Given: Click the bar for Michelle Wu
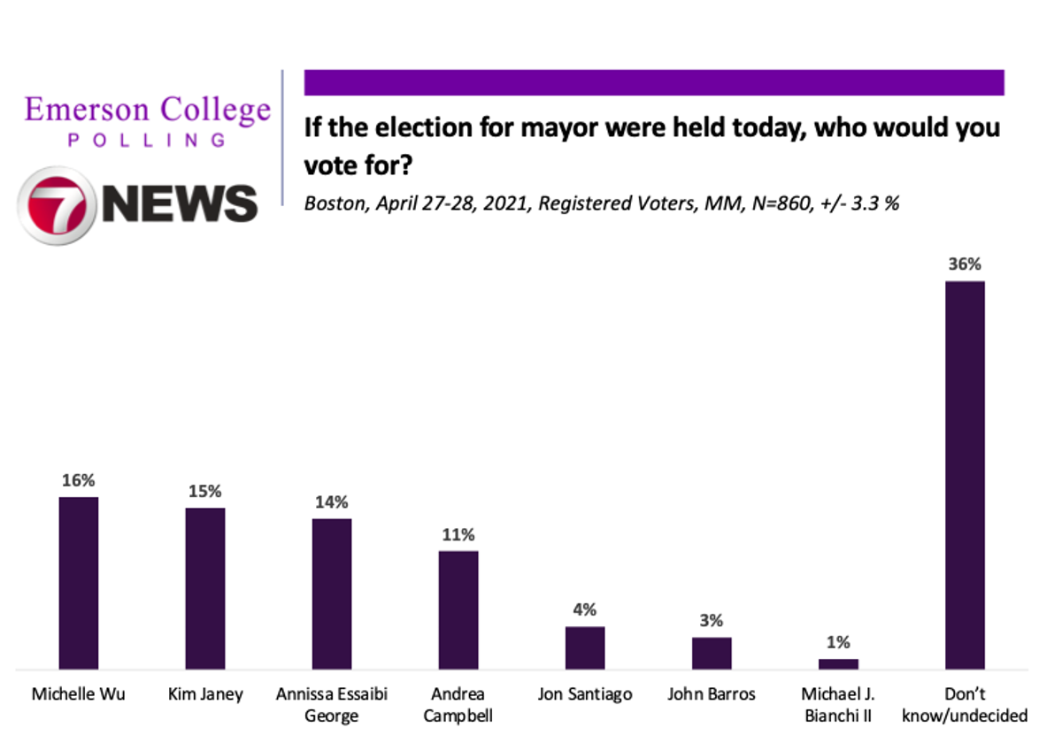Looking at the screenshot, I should pyautogui.click(x=78, y=583).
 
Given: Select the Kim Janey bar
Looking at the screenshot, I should pyautogui.click(x=204, y=588).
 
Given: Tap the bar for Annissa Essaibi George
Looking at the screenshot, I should pyautogui.click(x=332, y=593).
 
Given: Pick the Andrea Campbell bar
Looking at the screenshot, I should pyautogui.click(x=458, y=610).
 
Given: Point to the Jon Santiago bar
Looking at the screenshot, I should pyautogui.click(x=585, y=647).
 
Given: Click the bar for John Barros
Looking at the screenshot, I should pyautogui.click(x=712, y=653).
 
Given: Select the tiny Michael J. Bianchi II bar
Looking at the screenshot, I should pyautogui.click(x=838, y=663).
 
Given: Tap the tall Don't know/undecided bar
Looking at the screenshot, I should pyautogui.click(x=965, y=475).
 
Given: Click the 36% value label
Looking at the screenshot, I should pyautogui.click(x=965, y=264).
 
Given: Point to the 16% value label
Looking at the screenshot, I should pyautogui.click(x=78, y=480).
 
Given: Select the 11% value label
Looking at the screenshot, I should pyautogui.click(x=458, y=534).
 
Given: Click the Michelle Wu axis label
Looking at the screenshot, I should pyautogui.click(x=78, y=694).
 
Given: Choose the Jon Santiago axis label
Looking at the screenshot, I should pyautogui.click(x=585, y=694).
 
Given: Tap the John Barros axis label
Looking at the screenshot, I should pyautogui.click(x=712, y=694).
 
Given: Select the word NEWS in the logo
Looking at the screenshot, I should pyautogui.click(x=180, y=203).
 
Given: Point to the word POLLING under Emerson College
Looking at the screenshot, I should pyautogui.click(x=147, y=140).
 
